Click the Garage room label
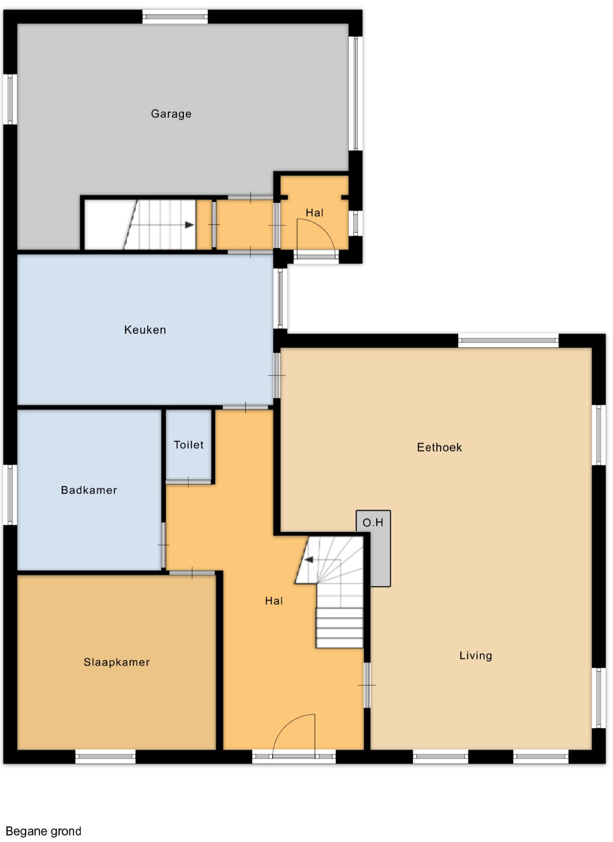coord(171,114)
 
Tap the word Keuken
coord(145,330)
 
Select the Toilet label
coord(189,445)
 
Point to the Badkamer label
coord(89,490)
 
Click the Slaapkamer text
coord(116,662)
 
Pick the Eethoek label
coord(439,448)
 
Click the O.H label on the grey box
coord(373,522)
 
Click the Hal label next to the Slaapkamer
coord(274,601)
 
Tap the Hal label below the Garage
coord(315,213)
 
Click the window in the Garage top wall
coord(175,17)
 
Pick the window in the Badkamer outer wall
coord(10,494)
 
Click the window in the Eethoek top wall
coord(508,340)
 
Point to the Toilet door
coord(189,482)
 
